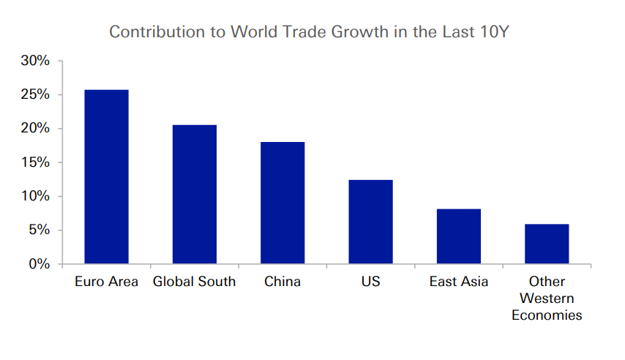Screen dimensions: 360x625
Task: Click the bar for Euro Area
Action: click(x=107, y=176)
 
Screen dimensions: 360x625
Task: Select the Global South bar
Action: click(x=195, y=194)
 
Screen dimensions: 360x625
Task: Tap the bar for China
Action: click(x=282, y=203)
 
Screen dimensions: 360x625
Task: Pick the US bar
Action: click(x=371, y=222)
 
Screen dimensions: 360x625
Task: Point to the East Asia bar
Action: click(x=459, y=236)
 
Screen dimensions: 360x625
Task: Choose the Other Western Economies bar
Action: click(x=547, y=244)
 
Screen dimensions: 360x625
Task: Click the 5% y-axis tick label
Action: click(x=39, y=230)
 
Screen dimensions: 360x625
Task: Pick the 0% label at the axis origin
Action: click(x=39, y=263)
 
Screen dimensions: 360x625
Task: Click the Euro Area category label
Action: click(x=107, y=282)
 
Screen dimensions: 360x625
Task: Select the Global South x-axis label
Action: click(x=195, y=282)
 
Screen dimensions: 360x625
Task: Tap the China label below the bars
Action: click(x=282, y=282)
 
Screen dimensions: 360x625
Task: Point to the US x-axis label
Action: click(x=371, y=282)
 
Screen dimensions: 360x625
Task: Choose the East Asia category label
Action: click(x=459, y=282)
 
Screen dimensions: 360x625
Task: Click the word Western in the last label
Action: click(x=547, y=299)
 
